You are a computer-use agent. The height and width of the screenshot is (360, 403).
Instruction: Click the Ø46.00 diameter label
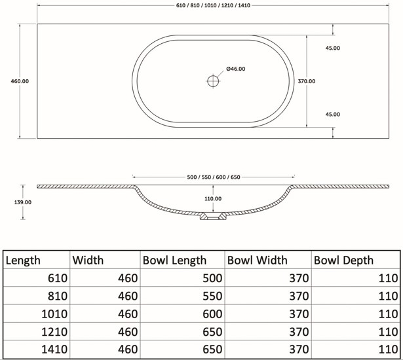pyautogui.click(x=236, y=69)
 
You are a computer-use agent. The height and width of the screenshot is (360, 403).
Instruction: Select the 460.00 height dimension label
pyautogui.click(x=20, y=81)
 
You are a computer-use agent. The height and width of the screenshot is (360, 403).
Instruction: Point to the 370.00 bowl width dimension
pyautogui.click(x=307, y=81)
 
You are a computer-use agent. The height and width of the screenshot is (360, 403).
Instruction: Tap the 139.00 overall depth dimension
pyautogui.click(x=23, y=202)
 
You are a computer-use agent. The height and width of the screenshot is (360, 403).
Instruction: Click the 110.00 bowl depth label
pyautogui.click(x=213, y=199)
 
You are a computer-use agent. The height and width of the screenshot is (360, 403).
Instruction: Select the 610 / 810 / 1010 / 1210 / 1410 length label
pyautogui.click(x=213, y=5)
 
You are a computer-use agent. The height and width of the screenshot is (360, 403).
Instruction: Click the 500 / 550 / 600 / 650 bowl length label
pyautogui.click(x=214, y=177)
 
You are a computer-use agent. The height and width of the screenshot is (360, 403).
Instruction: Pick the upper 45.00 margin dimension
pyautogui.click(x=333, y=48)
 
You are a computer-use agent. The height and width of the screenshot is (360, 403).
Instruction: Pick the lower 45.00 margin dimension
pyautogui.click(x=333, y=115)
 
